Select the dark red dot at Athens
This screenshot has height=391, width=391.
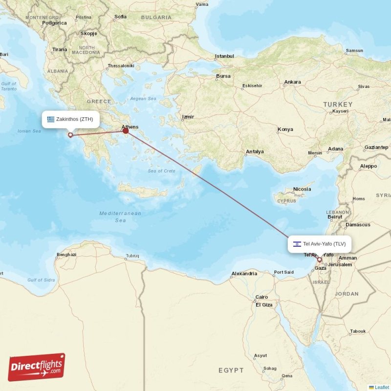click(126, 130)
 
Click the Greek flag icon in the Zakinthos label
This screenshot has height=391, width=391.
click(51, 119)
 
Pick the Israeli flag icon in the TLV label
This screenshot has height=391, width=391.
click(297, 244)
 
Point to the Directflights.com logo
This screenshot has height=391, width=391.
click(37, 367)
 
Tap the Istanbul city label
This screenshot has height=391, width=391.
click(224, 56)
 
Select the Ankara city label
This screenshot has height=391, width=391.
click(292, 82)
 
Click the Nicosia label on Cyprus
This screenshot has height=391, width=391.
click(302, 189)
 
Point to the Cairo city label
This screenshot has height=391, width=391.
click(261, 297)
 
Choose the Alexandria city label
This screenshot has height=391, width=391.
click(244, 273)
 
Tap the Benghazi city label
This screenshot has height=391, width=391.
click(66, 255)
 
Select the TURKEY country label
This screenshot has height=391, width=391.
click(337, 105)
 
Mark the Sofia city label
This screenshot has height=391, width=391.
click(120, 17)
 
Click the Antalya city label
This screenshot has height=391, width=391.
click(255, 152)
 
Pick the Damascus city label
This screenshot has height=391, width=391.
click(358, 225)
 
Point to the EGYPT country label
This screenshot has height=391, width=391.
click(231, 370)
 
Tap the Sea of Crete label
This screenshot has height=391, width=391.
click(161, 171)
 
